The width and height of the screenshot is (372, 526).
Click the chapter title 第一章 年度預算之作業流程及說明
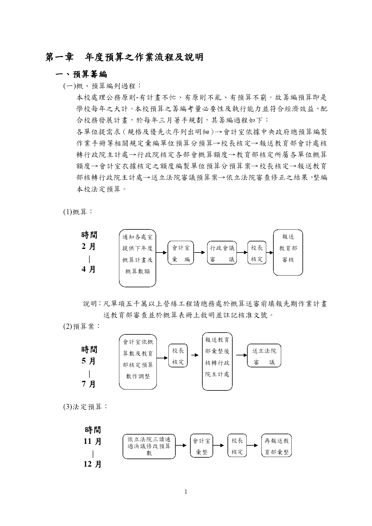(x=124, y=57)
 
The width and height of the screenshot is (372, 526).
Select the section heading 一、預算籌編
(x=82, y=74)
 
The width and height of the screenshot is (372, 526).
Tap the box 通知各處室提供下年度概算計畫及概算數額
(x=138, y=258)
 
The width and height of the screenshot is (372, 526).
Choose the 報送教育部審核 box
(x=288, y=253)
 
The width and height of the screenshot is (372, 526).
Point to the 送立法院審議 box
(x=264, y=355)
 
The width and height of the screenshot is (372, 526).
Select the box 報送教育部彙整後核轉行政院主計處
(x=217, y=361)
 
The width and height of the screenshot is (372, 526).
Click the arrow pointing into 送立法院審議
(x=242, y=355)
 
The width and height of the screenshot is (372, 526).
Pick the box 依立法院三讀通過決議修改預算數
(x=149, y=446)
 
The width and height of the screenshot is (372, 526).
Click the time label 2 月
(x=89, y=247)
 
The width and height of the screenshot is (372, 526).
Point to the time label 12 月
(x=93, y=464)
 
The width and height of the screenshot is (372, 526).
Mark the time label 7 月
(x=89, y=384)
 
